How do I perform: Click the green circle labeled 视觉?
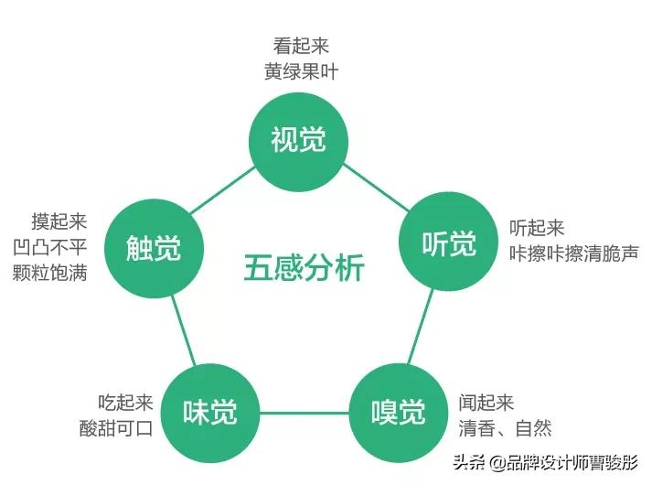pos(299,139)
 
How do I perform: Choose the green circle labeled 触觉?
pos(154,247)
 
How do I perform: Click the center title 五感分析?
pos(304,268)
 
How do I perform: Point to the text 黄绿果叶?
pos(301,72)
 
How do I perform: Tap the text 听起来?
pos(537,228)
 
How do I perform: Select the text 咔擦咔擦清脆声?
pos(573,253)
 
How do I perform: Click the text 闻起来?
pos(487,403)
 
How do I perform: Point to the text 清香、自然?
pos(506,428)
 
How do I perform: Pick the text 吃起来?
pos(125,403)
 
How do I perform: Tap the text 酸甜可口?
pos(115,428)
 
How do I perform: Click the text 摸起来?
pos(59,221)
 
